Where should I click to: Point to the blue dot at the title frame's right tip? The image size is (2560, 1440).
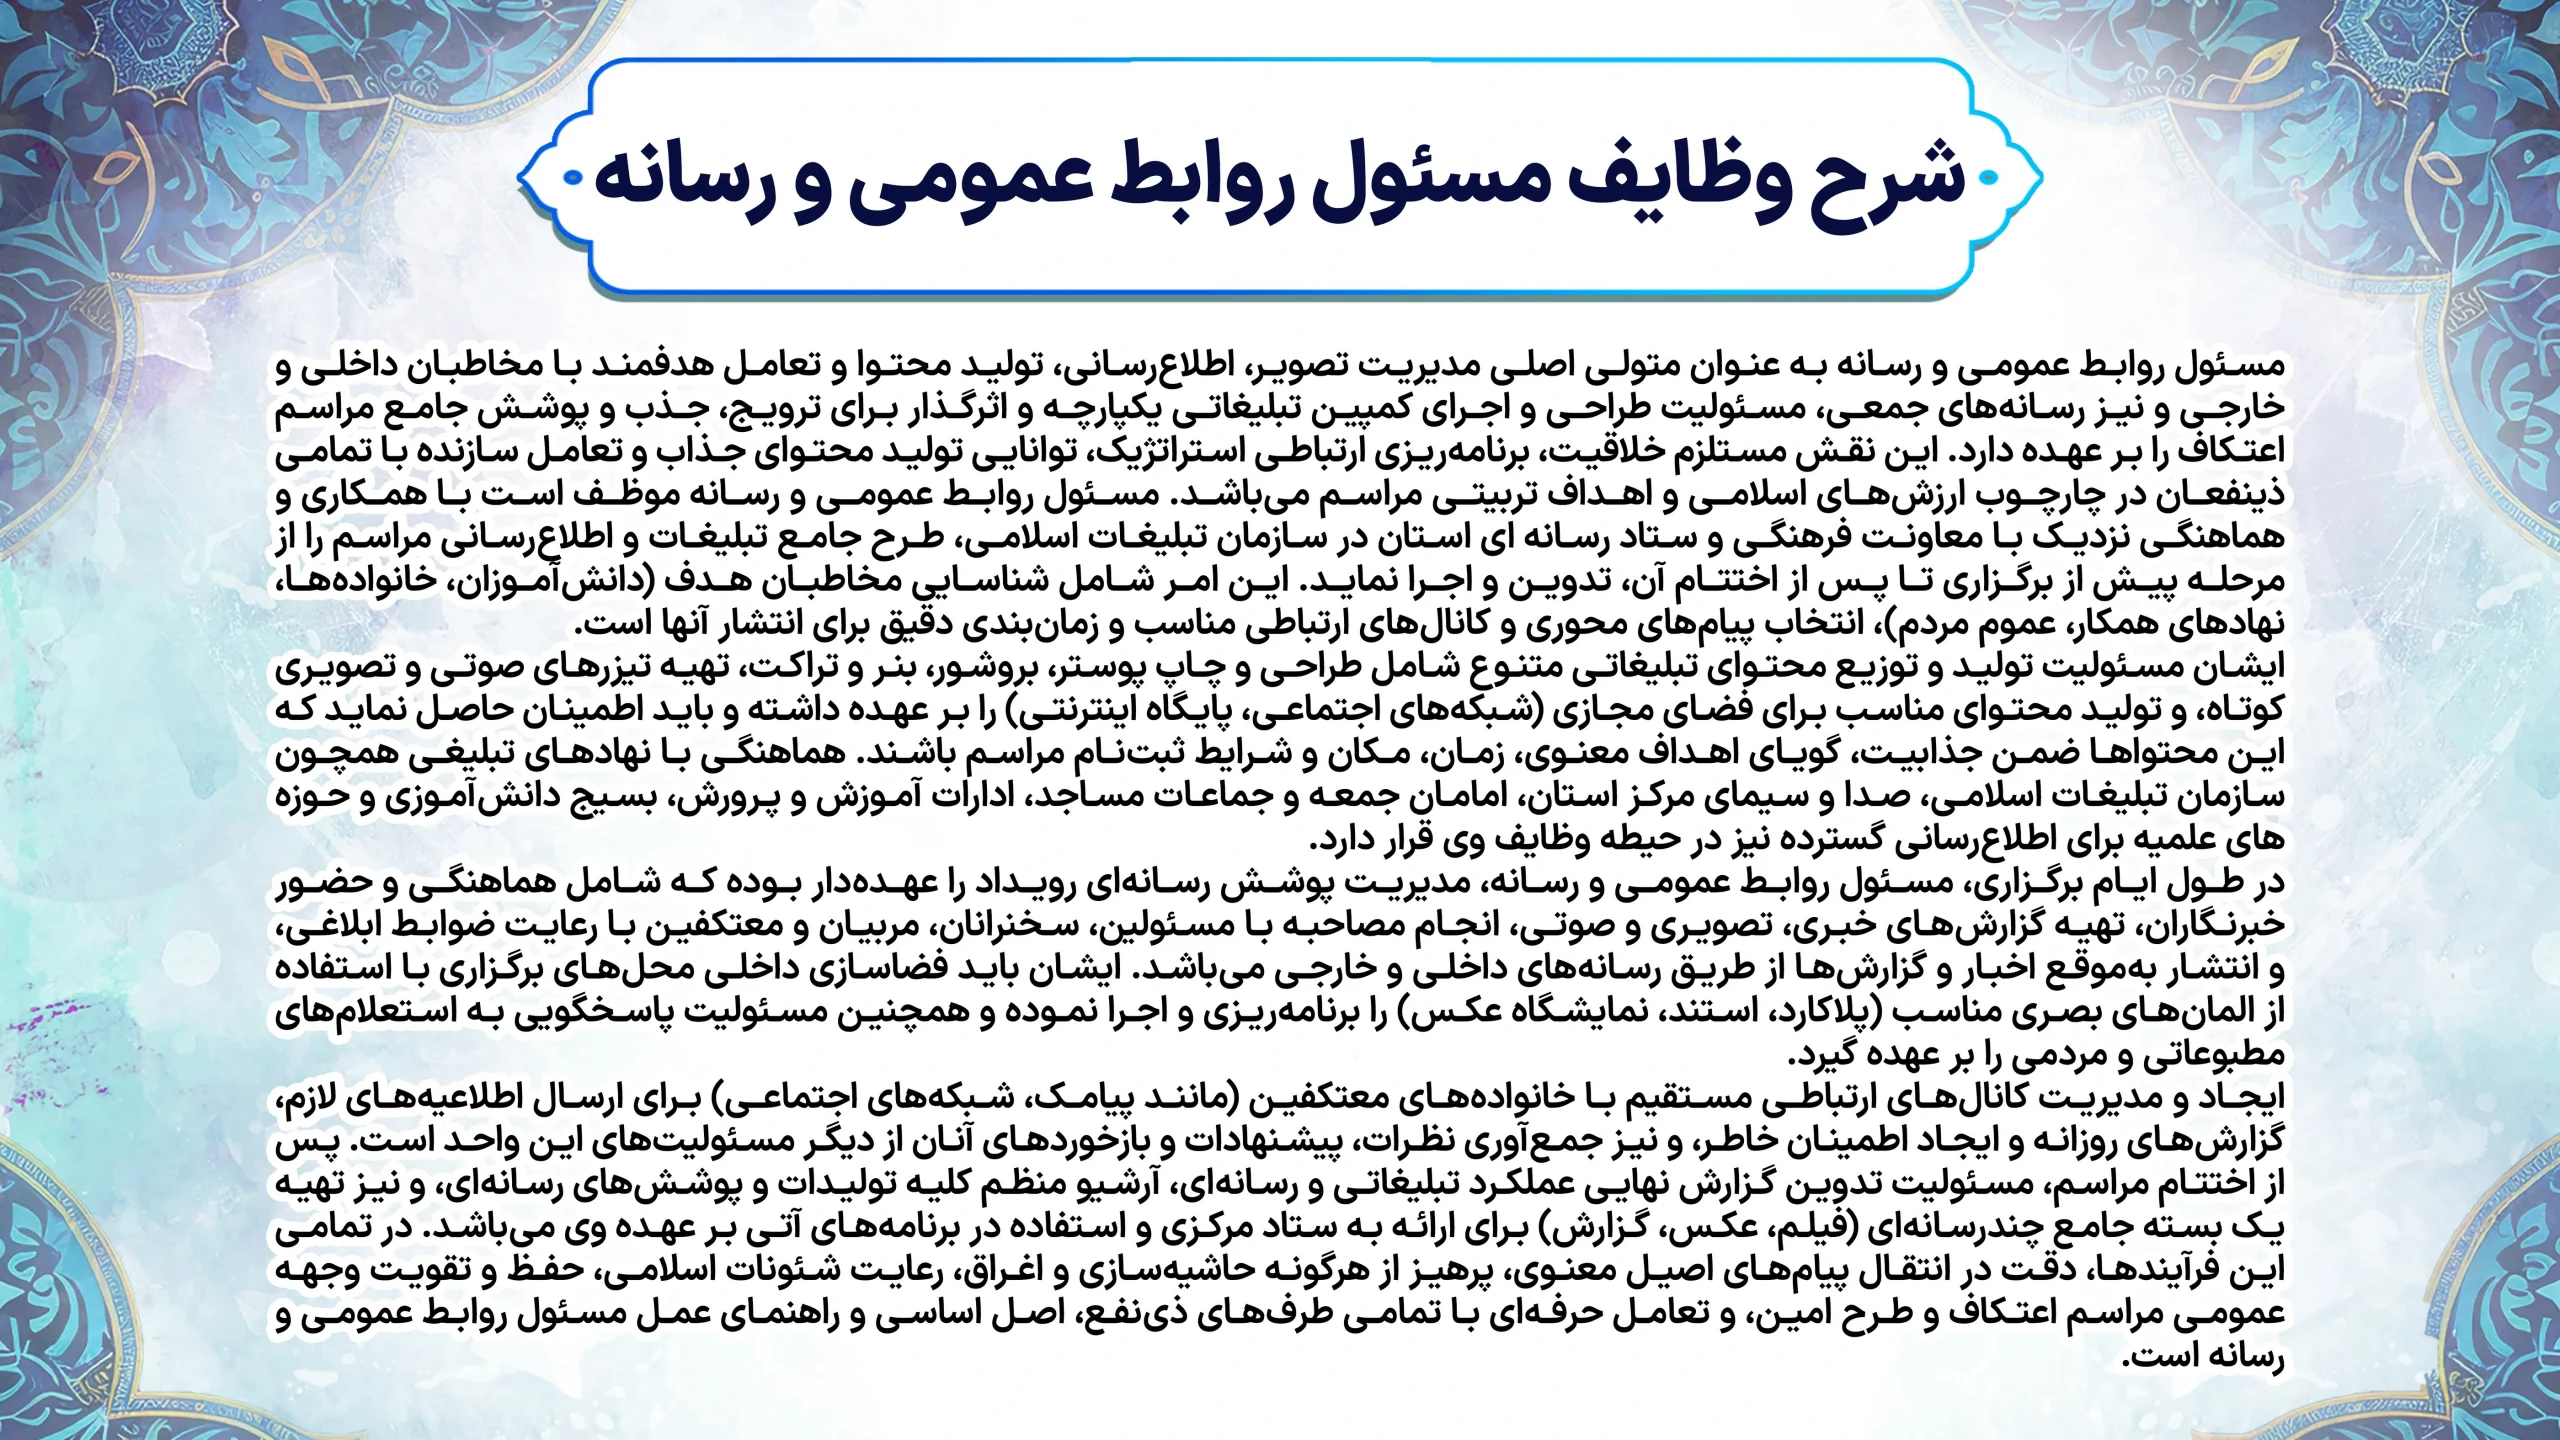pos(1987,177)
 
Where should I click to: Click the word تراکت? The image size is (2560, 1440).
pos(869,667)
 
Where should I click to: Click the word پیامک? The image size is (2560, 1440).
pos(1089,1098)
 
